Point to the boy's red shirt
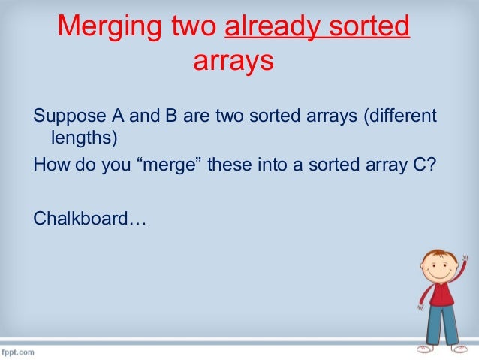(x=441, y=294)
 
